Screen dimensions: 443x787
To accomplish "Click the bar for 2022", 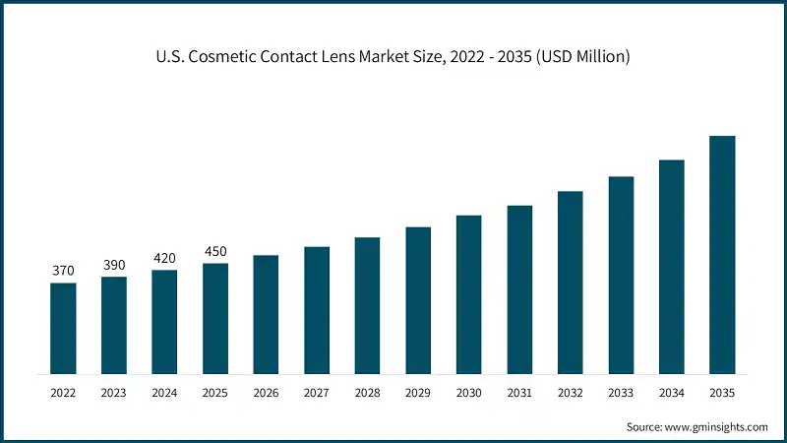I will click(63, 328).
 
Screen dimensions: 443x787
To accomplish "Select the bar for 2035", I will click(722, 255).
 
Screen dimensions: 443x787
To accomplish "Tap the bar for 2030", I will click(468, 294).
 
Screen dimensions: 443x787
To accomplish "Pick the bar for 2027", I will click(317, 310).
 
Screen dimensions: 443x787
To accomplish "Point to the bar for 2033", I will click(621, 275).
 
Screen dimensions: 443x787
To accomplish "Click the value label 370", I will click(63, 271).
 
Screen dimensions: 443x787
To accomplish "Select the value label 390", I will click(114, 265).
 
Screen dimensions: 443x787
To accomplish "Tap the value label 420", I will click(164, 258).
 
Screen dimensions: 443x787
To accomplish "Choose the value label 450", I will click(215, 251).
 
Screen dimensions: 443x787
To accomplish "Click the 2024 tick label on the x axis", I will click(164, 392).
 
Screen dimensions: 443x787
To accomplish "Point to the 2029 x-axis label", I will click(418, 392).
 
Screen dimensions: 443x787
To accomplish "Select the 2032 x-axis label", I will click(571, 392).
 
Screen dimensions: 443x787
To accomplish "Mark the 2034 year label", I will click(672, 392).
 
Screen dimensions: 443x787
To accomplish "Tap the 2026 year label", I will click(266, 392).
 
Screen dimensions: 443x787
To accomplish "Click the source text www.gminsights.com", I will click(714, 427).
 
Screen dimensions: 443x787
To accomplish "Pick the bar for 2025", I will click(215, 318).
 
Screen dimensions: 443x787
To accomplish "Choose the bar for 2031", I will click(519, 289).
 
